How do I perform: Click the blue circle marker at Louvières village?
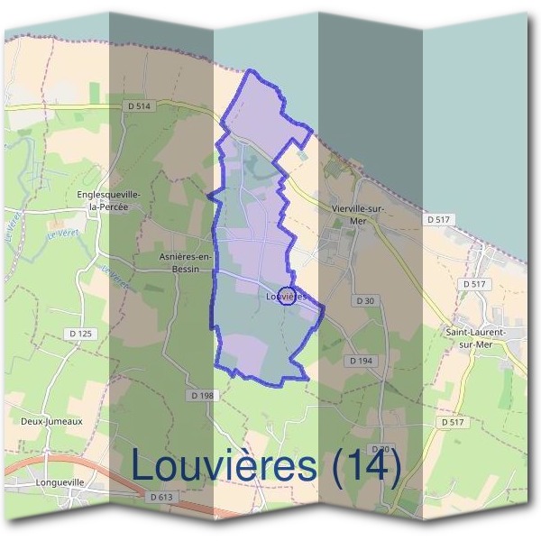click(x=286, y=295)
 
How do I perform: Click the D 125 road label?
click(x=80, y=335)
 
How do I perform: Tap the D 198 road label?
click(x=204, y=395)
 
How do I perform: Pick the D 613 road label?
click(x=162, y=497)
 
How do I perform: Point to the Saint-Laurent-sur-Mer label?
click(x=476, y=337)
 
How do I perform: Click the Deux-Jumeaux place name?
click(x=52, y=420)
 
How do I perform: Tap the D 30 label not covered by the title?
click(x=365, y=300)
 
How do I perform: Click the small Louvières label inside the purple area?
click(x=289, y=296)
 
